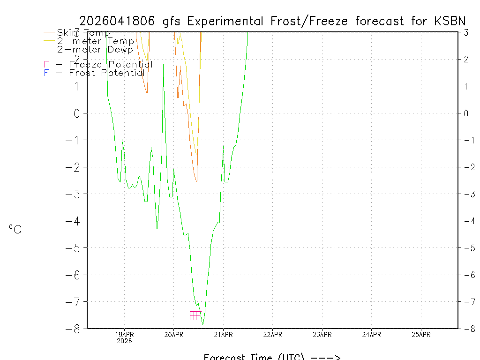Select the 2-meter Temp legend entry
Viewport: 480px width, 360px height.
click(95, 41)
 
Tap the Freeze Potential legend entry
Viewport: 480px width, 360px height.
click(98, 64)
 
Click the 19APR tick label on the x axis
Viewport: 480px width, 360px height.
click(124, 335)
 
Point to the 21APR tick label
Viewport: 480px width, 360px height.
click(223, 335)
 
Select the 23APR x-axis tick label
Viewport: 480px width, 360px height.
click(322, 335)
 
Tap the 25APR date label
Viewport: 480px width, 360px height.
click(421, 335)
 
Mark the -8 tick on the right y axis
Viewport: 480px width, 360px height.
click(466, 329)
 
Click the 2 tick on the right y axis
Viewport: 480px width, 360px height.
click(466, 59)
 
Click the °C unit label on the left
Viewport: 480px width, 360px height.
click(15, 229)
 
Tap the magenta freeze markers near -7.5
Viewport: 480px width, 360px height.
click(195, 315)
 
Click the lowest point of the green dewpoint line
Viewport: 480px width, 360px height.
click(202, 324)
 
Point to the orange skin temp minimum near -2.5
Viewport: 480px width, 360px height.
click(196, 181)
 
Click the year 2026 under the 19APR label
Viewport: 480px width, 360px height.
click(124, 341)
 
